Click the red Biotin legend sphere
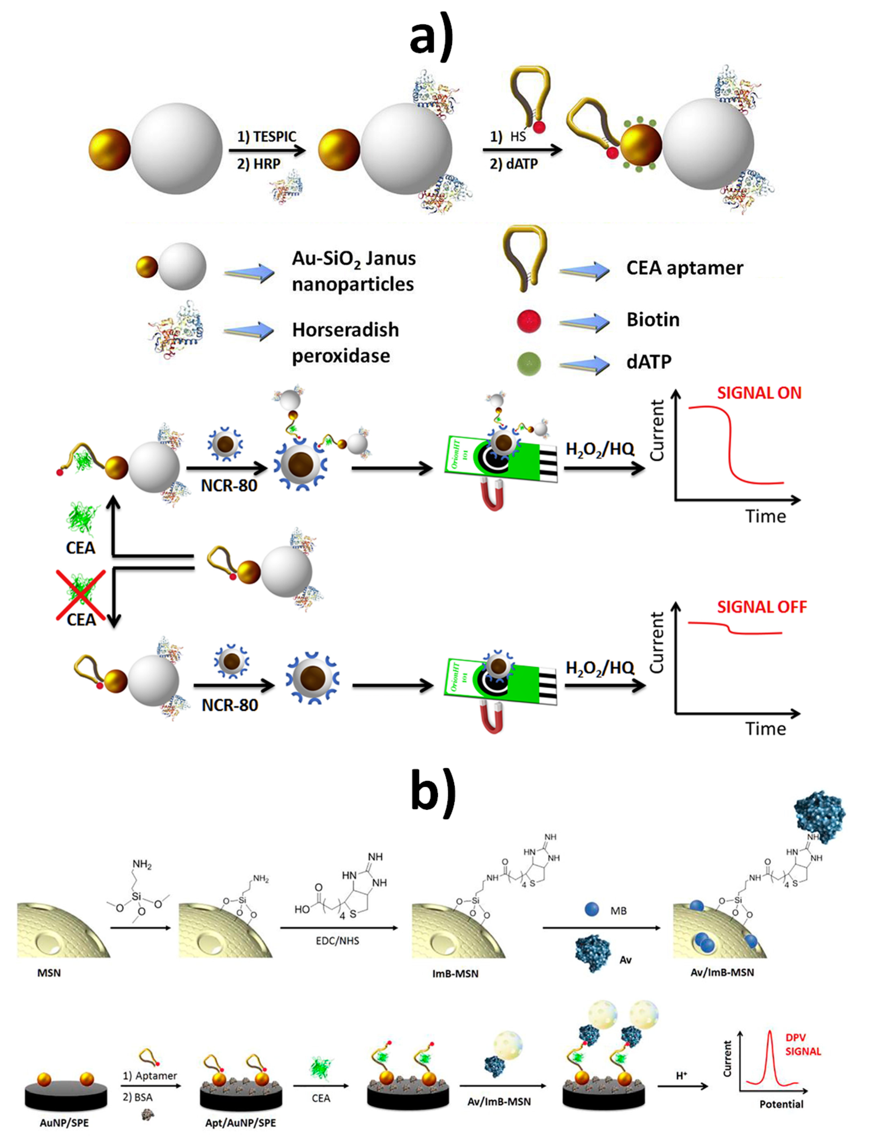(x=529, y=321)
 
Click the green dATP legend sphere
(x=529, y=363)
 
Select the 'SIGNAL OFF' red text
(x=761, y=607)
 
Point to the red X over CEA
(x=81, y=595)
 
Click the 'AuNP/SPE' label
(x=64, y=1123)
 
